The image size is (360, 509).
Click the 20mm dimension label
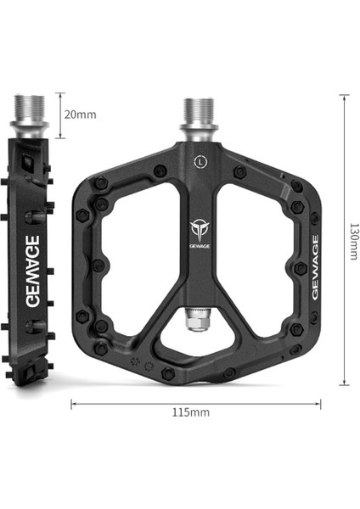coord(80,113)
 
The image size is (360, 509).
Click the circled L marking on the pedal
coord(198,159)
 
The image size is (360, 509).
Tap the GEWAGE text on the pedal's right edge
coord(314,266)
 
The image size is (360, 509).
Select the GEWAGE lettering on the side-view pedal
coord(29,259)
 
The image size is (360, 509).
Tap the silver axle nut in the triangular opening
coord(197,322)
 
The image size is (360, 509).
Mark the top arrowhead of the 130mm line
coord(344,96)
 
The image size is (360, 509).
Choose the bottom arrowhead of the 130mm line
coord(344,383)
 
